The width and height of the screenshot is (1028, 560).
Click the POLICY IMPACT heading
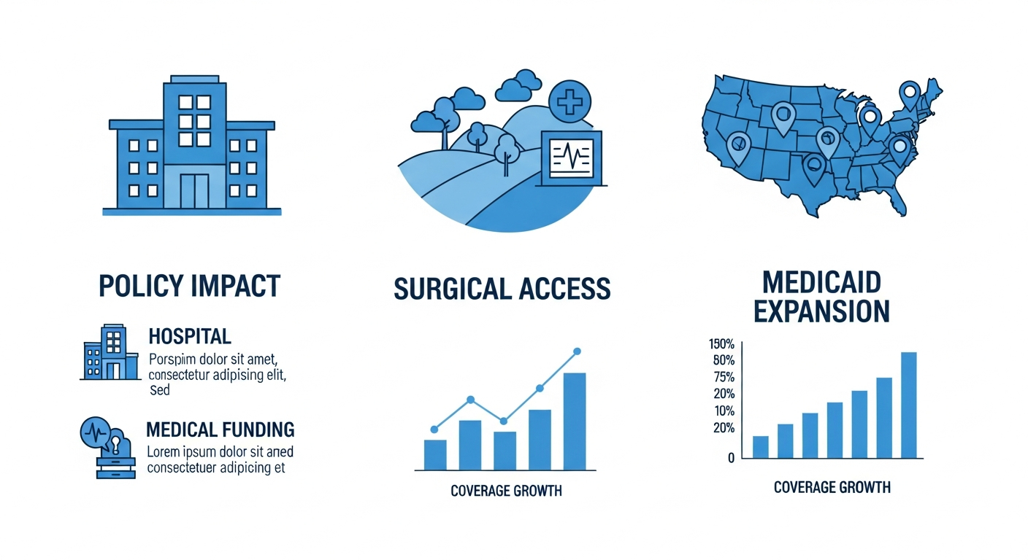tap(189, 286)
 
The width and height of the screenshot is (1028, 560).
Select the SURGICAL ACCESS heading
tap(502, 289)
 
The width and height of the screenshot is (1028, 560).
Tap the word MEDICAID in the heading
tap(821, 282)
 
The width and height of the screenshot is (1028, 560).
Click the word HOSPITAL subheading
tap(190, 336)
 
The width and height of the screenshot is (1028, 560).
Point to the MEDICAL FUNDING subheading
tap(220, 430)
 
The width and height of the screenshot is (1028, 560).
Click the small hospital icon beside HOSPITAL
tap(110, 352)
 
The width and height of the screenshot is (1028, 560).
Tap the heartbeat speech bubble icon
tap(96, 432)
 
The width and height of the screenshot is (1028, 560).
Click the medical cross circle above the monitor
tap(569, 102)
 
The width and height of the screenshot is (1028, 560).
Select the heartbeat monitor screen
tap(572, 158)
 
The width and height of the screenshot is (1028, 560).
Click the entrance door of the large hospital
tap(194, 191)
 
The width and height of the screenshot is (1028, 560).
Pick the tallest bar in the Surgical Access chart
tap(575, 421)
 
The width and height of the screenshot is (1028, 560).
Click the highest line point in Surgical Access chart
tap(578, 351)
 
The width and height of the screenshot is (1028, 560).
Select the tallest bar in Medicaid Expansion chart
tap(909, 405)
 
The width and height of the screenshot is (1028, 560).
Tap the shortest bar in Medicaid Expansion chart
tap(761, 447)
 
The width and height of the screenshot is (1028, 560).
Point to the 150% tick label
tap(721, 343)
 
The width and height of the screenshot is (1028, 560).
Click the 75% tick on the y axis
tap(724, 377)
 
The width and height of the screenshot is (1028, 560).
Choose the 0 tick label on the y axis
tap(731, 458)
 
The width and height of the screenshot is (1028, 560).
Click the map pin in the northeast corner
tap(910, 96)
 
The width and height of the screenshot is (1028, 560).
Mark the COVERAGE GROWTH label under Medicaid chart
tap(832, 487)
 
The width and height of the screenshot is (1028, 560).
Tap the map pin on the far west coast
tap(738, 149)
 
